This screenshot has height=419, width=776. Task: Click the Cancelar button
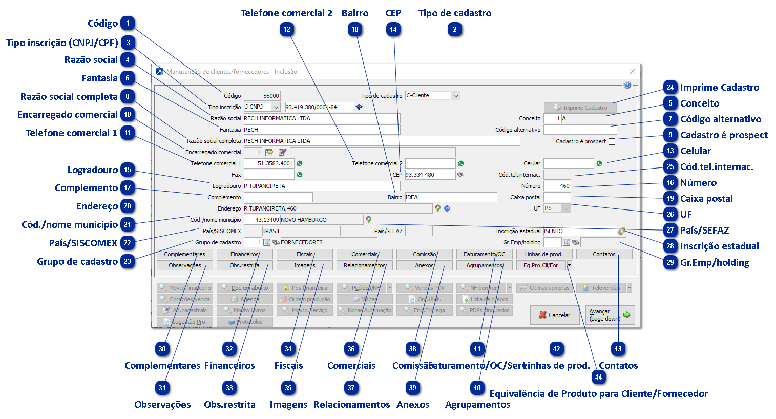[555, 315]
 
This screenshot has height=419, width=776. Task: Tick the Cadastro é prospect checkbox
[612, 142]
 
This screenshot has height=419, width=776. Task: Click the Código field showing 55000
[262, 96]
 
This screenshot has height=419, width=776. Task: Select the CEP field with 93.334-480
[430, 175]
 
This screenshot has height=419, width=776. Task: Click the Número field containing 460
[557, 186]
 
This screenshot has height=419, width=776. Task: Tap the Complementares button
[184, 254]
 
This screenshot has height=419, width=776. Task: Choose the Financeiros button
[244, 254]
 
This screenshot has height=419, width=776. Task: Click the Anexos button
[424, 265]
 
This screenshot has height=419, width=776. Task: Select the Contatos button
[604, 254]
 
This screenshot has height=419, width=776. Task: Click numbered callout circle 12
[287, 30]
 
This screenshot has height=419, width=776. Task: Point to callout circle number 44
[598, 378]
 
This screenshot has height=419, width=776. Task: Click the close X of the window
[632, 72]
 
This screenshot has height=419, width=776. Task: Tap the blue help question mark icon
[627, 85]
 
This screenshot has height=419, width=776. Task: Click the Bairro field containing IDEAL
[451, 197]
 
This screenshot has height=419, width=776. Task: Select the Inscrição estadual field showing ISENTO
[579, 231]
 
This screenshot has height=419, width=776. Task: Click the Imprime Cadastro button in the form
[580, 108]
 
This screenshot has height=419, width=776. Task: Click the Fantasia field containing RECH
[321, 130]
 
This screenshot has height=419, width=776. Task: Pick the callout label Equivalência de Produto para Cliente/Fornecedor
[598, 394]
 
